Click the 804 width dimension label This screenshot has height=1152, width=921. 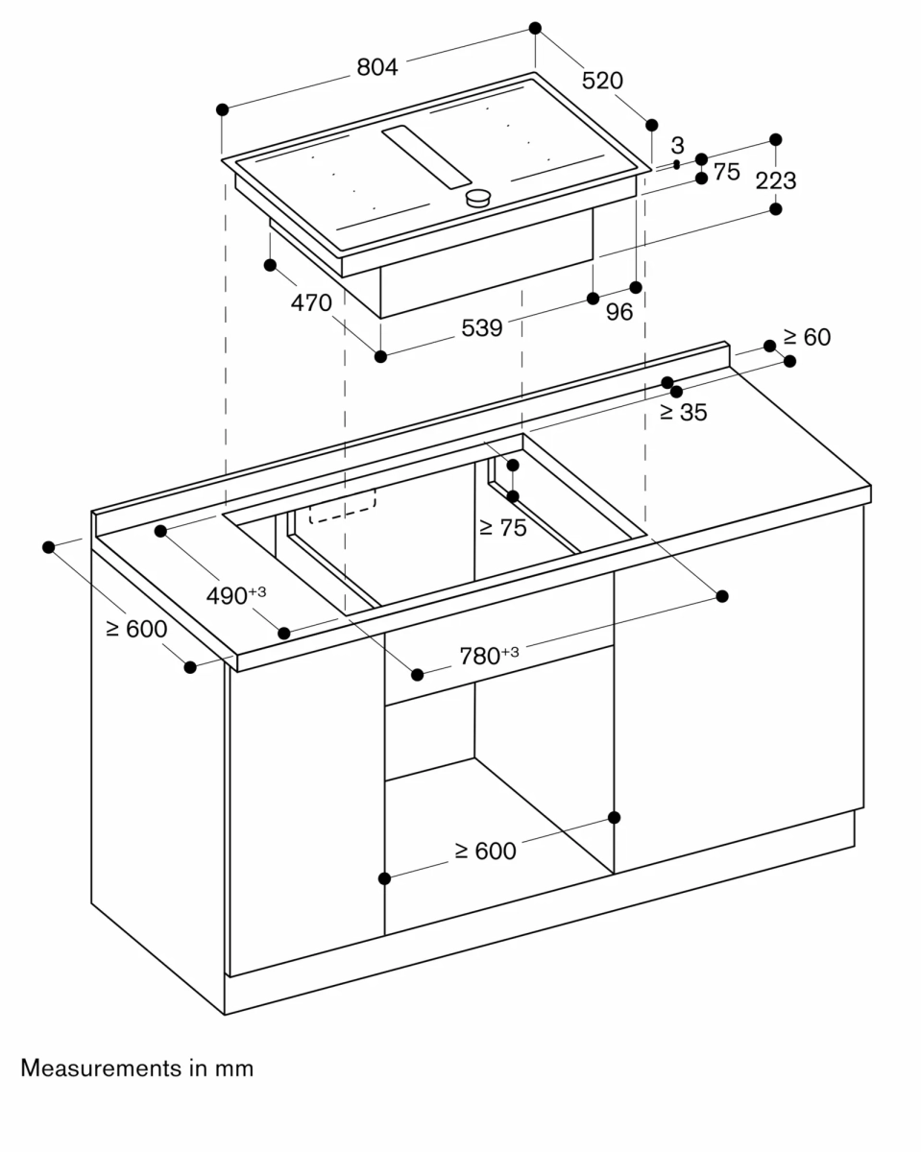pos(376,67)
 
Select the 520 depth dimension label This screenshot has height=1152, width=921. pos(602,82)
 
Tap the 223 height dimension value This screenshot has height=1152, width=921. pos(775,180)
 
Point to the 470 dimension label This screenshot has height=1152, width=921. pos(311,303)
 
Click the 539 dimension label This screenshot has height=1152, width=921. pos(481,328)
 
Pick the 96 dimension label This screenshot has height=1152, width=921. pos(619,312)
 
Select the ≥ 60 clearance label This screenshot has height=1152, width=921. pos(806,337)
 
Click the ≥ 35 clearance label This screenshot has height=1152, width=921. pos(683,413)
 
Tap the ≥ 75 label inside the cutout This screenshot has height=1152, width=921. pos(502,527)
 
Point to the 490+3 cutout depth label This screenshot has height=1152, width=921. pos(235,595)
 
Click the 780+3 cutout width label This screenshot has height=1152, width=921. pos(488,656)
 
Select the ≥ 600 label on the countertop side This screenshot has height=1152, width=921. pos(135,629)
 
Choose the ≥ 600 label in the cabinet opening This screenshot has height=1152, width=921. pos(485,851)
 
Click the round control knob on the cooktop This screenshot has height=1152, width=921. pos(478,199)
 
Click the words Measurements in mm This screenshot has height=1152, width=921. pos(137,1068)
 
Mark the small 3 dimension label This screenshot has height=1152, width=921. pos(677,146)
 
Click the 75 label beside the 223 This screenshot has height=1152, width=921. pos(727,172)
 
